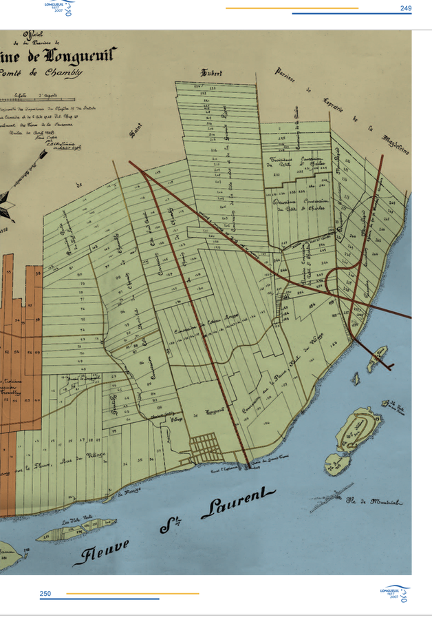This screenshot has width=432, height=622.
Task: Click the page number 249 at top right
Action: coord(405,8)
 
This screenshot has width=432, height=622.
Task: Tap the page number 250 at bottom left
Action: coord(45,593)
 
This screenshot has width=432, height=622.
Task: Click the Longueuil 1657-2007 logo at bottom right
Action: coord(396,593)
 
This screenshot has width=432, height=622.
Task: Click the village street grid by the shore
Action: coord(204,447)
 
